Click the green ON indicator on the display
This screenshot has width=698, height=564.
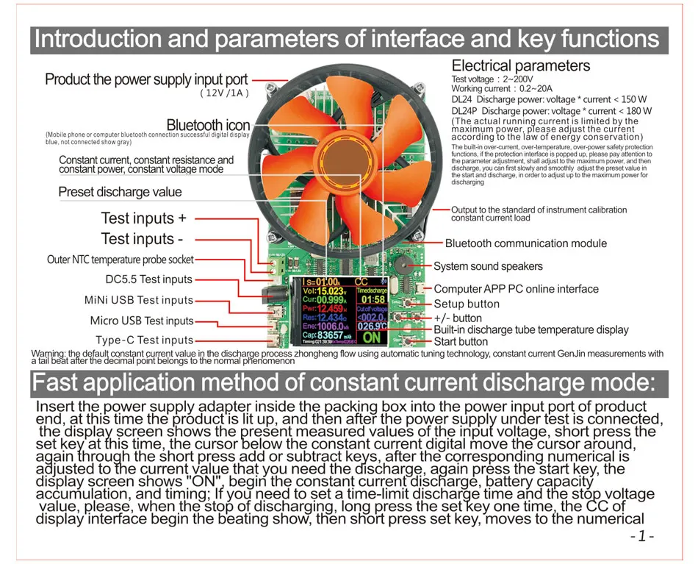coord(373,338)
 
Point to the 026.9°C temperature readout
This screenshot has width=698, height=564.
coord(372,326)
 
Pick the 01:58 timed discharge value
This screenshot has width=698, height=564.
coord(373,299)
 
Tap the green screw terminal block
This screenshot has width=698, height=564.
coord(277,265)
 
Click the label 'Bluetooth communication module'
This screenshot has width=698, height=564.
coord(526,243)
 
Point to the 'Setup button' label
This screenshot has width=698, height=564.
coord(467,304)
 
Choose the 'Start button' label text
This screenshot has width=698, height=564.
coord(461,341)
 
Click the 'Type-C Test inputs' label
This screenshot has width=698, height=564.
coord(145,340)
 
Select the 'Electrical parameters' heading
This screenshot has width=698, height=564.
coord(520,66)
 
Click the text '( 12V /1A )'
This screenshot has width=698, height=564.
coord(225,93)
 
